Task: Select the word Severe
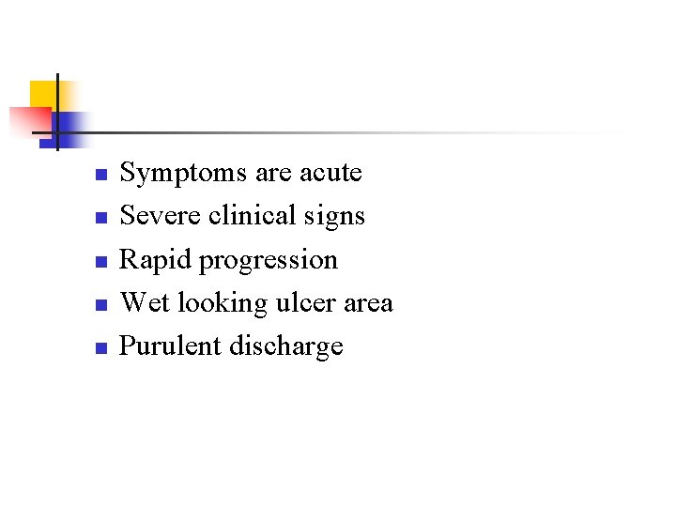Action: [161, 216]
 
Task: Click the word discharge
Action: [286, 347]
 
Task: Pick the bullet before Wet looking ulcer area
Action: [102, 305]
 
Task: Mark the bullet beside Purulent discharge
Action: [102, 348]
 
